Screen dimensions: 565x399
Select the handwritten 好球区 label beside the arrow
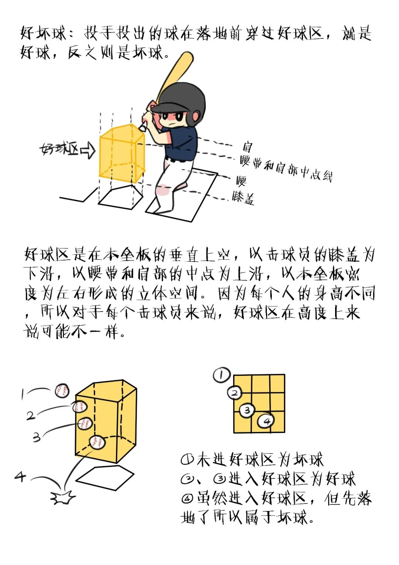[59, 149]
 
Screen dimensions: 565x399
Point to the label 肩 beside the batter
[247, 147]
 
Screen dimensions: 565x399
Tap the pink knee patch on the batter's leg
[163, 190]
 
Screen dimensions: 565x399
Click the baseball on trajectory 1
[62, 391]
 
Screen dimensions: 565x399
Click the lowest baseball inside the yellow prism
[97, 442]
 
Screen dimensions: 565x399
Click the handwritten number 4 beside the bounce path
[20, 476]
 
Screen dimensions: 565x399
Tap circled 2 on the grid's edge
[234, 393]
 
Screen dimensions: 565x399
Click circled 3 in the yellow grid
[247, 410]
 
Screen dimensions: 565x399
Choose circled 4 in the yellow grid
[266, 421]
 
